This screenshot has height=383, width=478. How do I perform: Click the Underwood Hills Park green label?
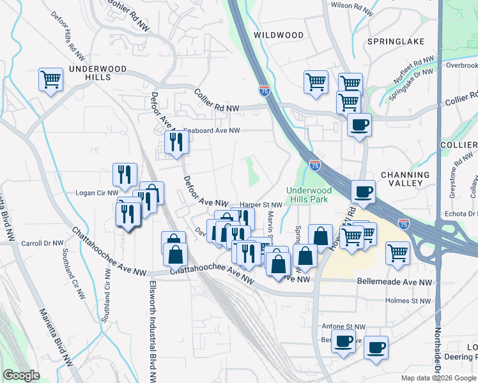309,195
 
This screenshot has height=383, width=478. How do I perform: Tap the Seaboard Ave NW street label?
212,130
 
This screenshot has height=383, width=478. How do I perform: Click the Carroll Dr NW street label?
42,243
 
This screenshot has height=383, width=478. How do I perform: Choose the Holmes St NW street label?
408,301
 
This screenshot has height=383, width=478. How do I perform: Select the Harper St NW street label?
261,205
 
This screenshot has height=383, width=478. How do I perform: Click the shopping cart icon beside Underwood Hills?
51,80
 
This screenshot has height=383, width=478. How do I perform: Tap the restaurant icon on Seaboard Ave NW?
176,142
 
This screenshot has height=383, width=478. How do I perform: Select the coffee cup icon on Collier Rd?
359,124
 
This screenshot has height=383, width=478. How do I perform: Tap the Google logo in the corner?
21,375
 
